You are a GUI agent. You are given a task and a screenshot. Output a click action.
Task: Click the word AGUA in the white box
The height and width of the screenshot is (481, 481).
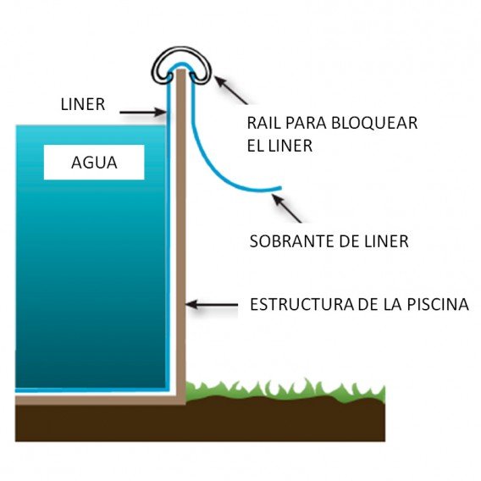click(93, 164)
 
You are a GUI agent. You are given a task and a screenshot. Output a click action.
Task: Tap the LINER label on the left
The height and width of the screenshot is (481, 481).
click(83, 106)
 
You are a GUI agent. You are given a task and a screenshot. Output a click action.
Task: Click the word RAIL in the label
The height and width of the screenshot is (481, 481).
click(262, 124)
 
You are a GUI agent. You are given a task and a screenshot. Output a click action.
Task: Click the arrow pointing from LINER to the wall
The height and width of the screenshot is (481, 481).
click(143, 111)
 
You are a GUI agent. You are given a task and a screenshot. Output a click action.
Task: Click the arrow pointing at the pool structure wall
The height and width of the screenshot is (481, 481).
click(212, 303)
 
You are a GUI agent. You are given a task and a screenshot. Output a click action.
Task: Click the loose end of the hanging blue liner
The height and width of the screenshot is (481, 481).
click(277, 187)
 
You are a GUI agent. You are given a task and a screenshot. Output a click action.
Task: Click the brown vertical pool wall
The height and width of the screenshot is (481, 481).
click(179, 254)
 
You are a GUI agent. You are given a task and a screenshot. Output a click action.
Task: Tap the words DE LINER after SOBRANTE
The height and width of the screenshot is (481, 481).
click(378, 241)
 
